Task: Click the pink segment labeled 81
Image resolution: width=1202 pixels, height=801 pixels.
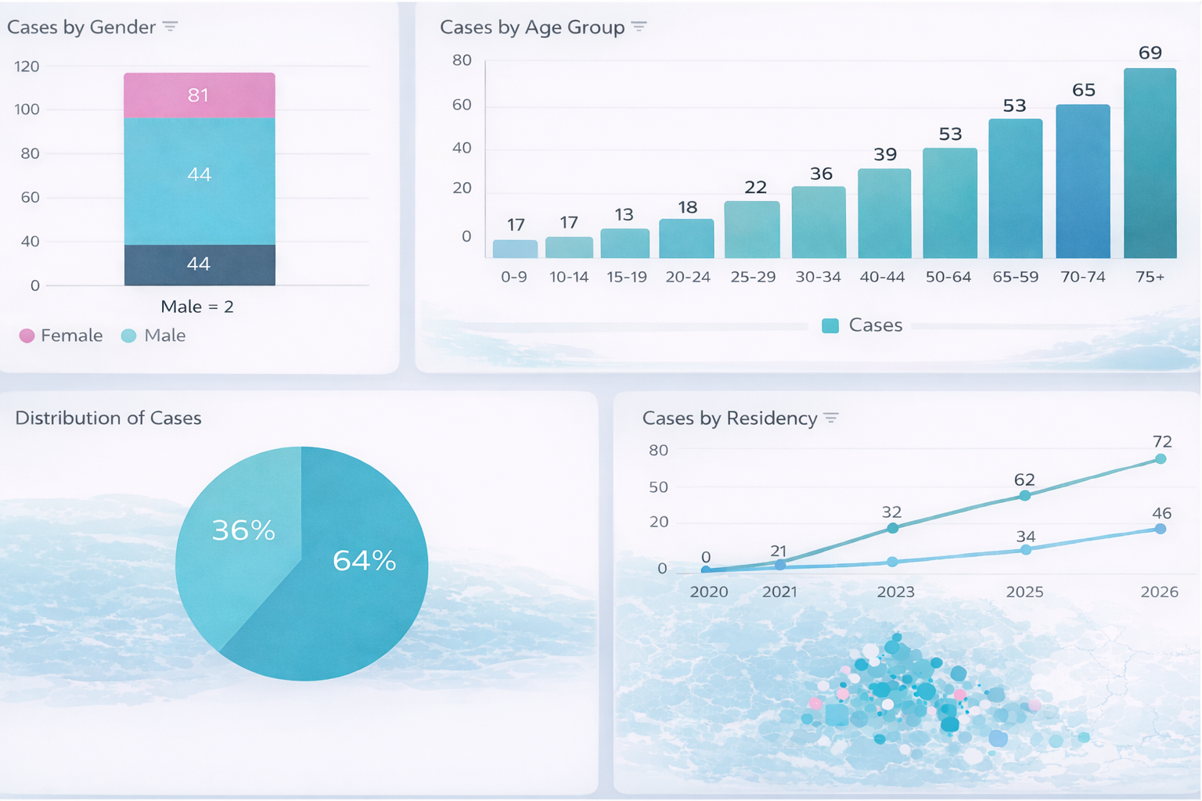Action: [x=199, y=95]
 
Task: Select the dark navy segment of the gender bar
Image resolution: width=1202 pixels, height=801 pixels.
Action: [x=199, y=264]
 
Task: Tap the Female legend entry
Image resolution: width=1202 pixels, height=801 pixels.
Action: [x=61, y=336]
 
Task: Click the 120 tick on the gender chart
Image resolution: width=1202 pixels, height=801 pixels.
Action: [x=27, y=66]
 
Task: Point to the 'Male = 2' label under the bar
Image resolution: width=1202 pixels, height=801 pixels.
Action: [x=197, y=307]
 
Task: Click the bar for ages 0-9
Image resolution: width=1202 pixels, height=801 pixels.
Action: [x=515, y=249]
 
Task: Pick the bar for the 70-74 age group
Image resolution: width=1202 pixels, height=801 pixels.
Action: [x=1082, y=181]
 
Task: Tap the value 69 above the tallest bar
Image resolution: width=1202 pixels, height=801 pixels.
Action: [x=1150, y=53]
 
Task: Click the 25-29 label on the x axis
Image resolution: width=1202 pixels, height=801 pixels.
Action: [x=752, y=277]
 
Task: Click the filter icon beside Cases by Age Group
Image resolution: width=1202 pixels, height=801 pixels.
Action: [x=639, y=27]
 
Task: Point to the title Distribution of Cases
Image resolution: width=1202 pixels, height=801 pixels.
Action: [x=108, y=418]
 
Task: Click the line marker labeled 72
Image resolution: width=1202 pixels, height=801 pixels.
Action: [x=1161, y=459]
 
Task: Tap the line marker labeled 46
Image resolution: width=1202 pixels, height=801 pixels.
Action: [x=1161, y=530]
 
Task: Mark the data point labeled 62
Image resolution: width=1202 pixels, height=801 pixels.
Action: [x=1024, y=496]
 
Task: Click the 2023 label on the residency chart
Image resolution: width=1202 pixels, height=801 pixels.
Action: [x=895, y=592]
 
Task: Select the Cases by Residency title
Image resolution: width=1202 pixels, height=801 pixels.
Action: [x=729, y=418]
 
